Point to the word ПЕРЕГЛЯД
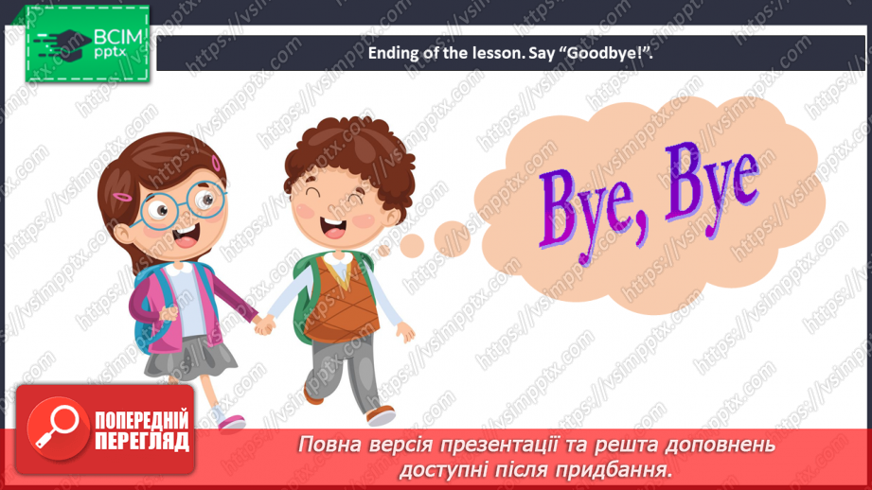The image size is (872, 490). [142, 441]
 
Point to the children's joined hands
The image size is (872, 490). [264, 324]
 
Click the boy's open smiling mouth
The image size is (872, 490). [333, 228]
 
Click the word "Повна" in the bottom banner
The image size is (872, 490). [331, 444]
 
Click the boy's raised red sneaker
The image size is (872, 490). [382, 415]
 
